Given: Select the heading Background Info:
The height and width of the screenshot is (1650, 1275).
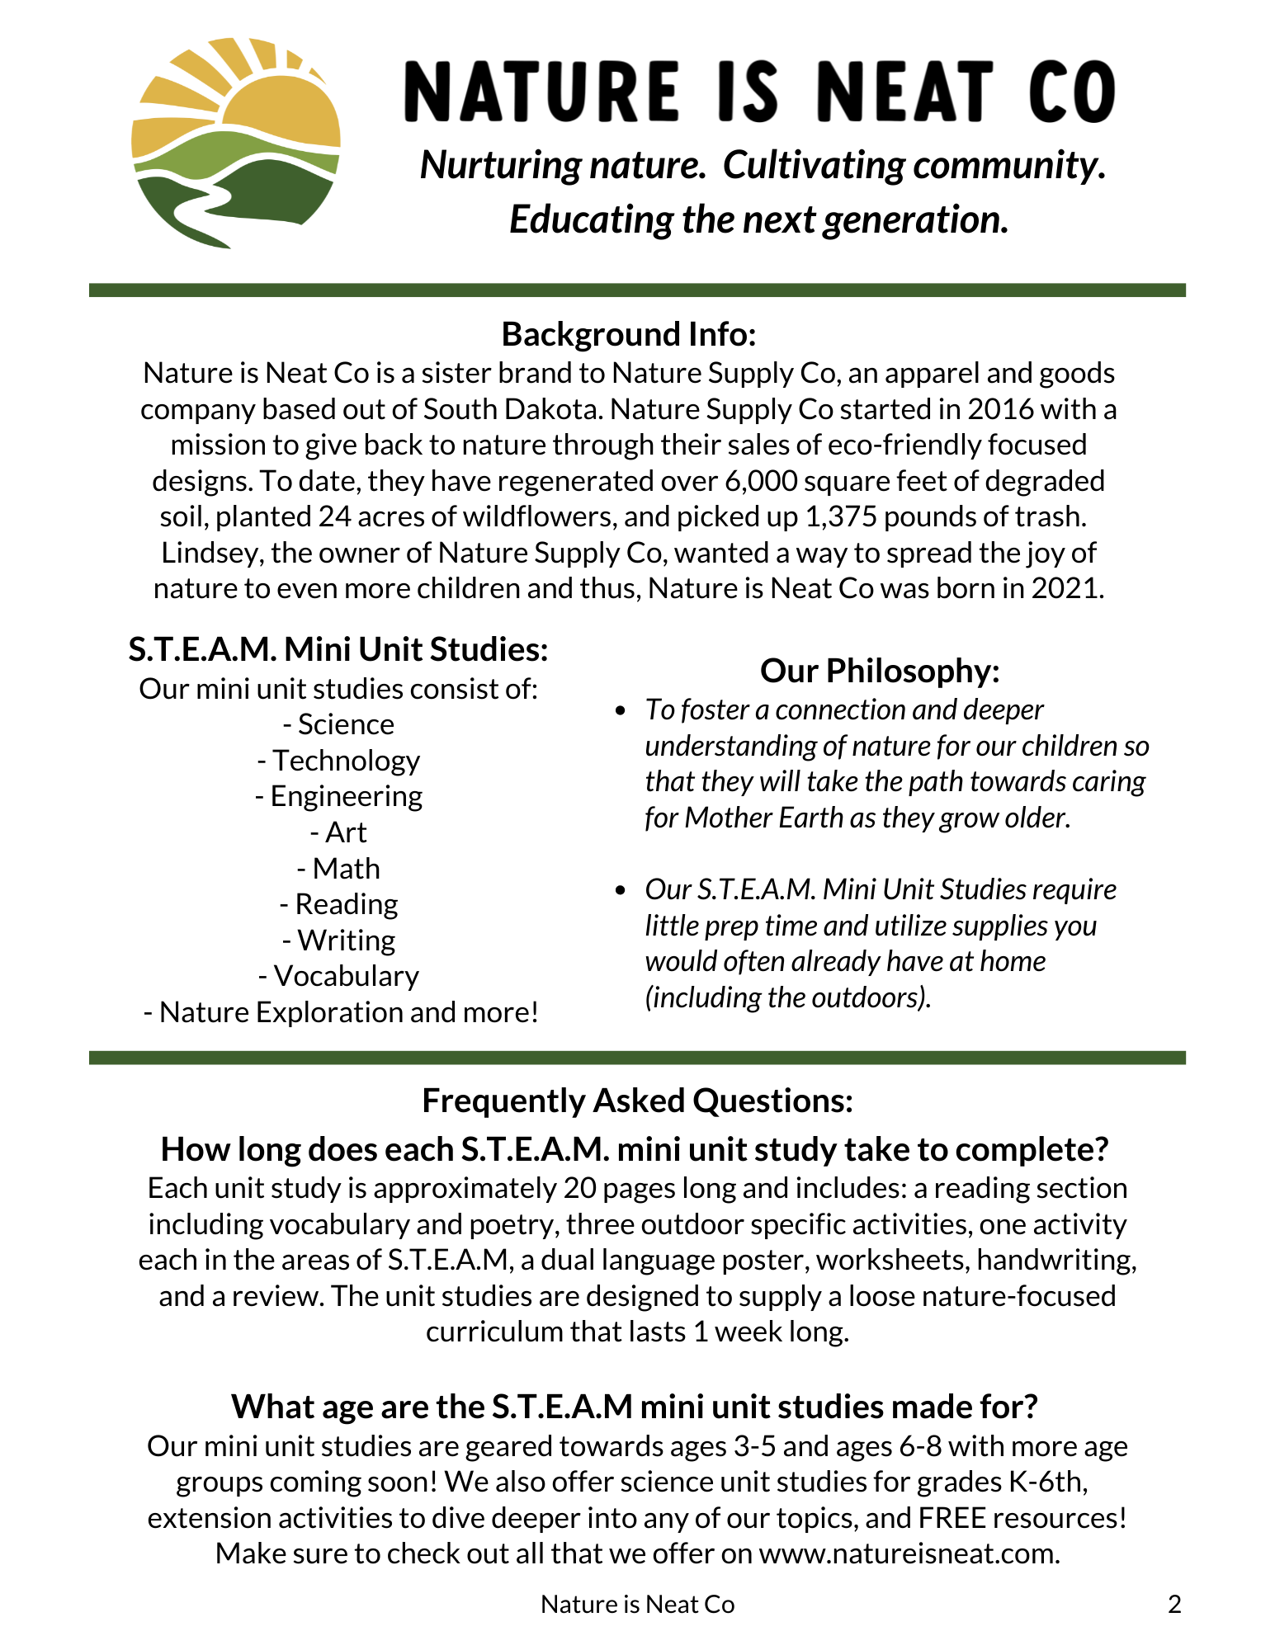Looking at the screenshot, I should tap(629, 334).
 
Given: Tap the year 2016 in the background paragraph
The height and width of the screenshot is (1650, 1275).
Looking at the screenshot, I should tap(1005, 409).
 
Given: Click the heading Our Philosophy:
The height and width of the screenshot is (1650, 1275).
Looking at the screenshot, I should tap(880, 671).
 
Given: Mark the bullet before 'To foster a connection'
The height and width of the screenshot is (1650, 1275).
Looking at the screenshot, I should tap(621, 710).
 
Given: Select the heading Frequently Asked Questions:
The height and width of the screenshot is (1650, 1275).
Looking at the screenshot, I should tap(637, 1101).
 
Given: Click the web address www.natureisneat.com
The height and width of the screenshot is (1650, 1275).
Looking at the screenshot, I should tap(908, 1553).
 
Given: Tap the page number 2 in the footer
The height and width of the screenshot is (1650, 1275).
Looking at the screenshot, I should tap(1174, 1604).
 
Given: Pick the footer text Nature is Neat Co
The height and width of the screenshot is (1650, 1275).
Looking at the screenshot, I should tap(637, 1604).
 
